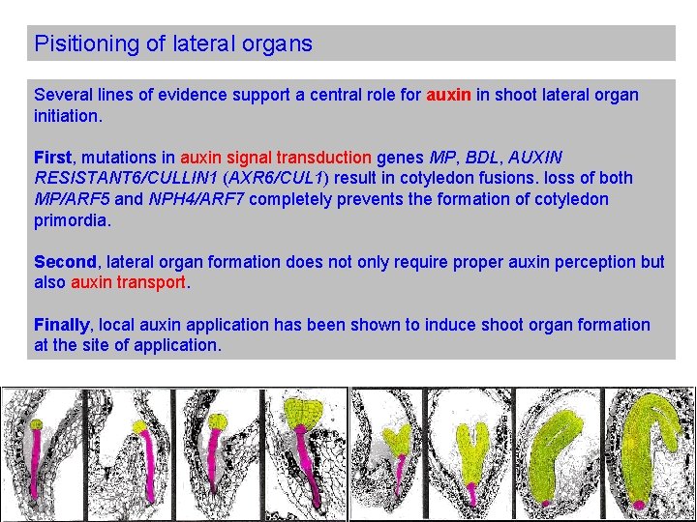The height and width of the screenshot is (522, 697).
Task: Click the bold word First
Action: (x=52, y=157)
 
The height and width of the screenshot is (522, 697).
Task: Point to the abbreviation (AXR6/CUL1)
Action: (x=280, y=178)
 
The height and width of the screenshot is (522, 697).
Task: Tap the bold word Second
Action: (x=65, y=262)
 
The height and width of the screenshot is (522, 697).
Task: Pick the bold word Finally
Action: (x=61, y=325)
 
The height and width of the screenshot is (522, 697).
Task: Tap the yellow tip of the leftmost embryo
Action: (x=36, y=423)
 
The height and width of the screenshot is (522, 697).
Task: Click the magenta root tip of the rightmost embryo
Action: (x=639, y=505)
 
